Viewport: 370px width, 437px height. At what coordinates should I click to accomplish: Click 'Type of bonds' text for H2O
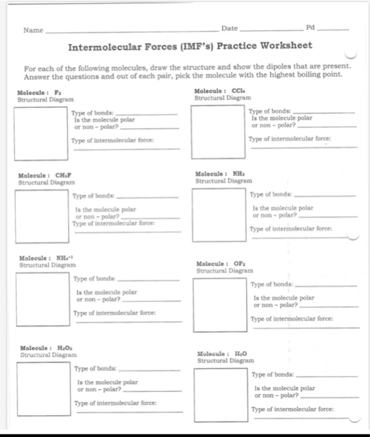pos(272,375)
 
